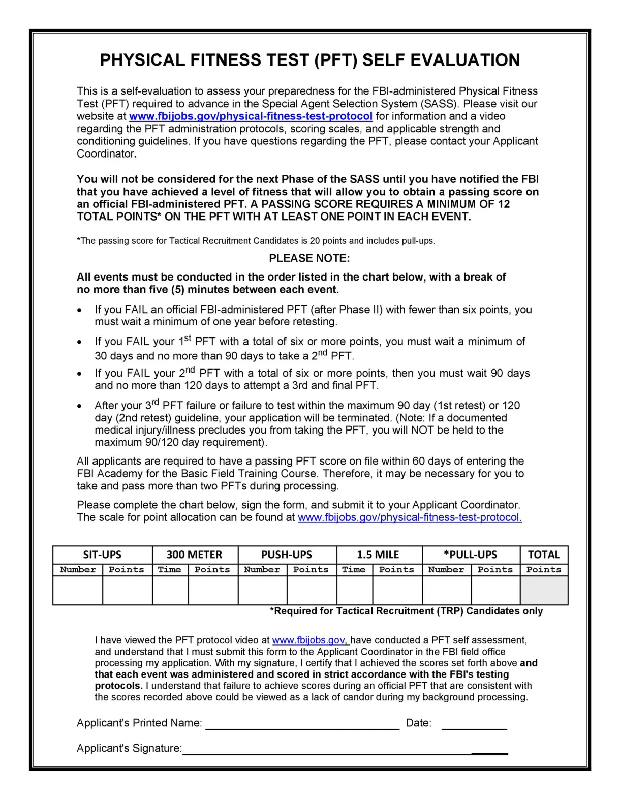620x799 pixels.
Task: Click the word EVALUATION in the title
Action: (465, 60)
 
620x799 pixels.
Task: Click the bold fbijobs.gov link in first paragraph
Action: (251, 116)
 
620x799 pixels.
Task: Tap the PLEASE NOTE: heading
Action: (309, 258)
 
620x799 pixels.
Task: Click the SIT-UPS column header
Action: (102, 555)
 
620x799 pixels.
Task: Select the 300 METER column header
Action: (194, 555)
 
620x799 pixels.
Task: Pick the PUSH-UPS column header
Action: (287, 555)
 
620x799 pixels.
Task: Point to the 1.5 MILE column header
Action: (378, 555)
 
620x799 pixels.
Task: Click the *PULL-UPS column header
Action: (470, 555)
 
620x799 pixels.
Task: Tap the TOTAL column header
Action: (543, 555)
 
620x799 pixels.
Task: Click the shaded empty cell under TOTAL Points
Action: (544, 590)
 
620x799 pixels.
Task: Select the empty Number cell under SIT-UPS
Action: (78, 590)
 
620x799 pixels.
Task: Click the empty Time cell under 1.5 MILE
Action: (354, 590)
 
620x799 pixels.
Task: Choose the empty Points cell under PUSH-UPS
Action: (312, 590)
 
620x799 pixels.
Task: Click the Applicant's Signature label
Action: (129, 748)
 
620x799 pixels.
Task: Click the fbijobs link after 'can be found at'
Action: (410, 517)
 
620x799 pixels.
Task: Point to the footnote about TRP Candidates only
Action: (406, 611)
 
